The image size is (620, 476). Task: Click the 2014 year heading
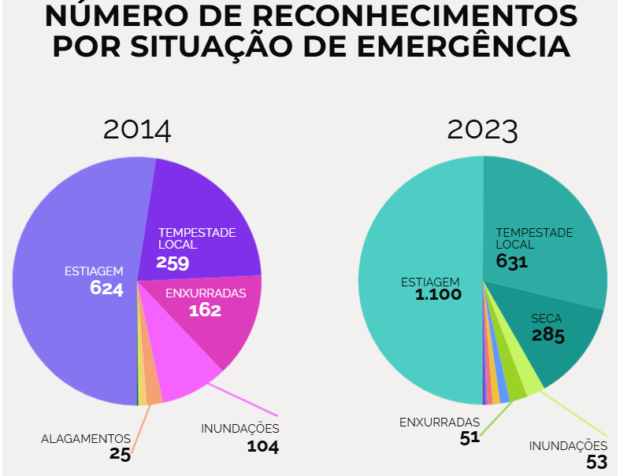click(137, 129)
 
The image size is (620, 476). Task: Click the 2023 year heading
click(482, 129)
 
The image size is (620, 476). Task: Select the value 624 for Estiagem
click(106, 289)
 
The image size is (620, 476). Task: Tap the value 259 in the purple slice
click(173, 263)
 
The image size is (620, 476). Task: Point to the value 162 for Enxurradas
click(205, 310)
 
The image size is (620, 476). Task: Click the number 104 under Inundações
click(262, 447)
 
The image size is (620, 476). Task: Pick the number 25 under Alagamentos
click(120, 454)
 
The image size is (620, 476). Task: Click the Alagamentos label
click(86, 438)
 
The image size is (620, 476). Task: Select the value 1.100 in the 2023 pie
click(439, 295)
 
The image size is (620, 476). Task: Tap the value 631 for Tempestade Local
click(512, 261)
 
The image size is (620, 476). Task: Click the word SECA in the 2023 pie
click(547, 319)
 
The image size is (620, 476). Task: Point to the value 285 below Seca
click(548, 336)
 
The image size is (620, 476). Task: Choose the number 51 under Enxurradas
click(470, 438)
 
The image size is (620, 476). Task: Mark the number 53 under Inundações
click(596, 462)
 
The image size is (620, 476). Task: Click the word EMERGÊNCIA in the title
click(465, 45)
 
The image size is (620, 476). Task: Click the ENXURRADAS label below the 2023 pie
click(440, 422)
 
